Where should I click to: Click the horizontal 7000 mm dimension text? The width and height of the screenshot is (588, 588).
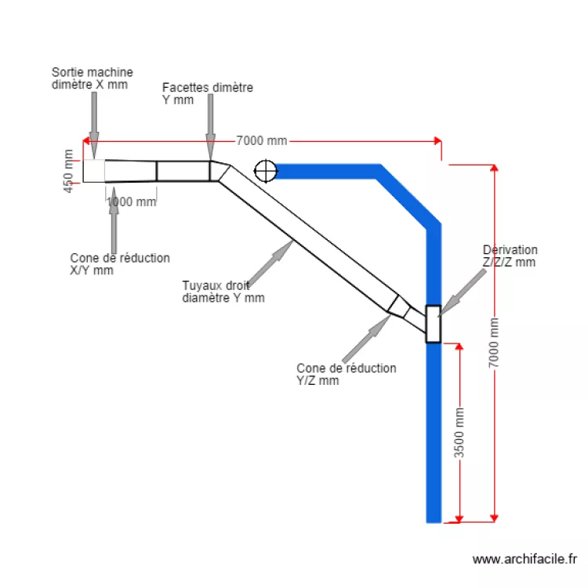(262, 141)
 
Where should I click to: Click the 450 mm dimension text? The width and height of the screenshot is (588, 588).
(69, 172)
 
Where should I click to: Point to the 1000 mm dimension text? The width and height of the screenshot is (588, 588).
(131, 201)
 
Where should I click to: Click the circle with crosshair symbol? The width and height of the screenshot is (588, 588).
(266, 169)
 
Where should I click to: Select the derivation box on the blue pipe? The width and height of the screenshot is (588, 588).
(433, 324)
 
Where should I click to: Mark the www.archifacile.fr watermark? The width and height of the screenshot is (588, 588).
(525, 559)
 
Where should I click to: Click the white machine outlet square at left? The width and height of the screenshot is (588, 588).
(94, 171)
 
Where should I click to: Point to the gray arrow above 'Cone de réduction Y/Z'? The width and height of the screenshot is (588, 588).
(367, 334)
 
